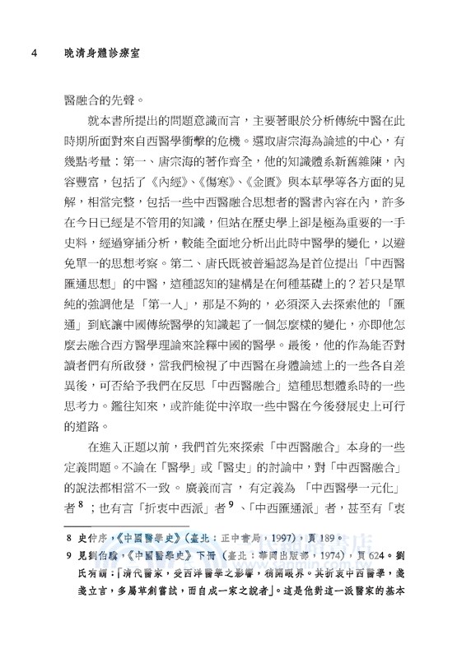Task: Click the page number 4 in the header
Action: click(x=30, y=53)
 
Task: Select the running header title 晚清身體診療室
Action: click(x=100, y=53)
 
